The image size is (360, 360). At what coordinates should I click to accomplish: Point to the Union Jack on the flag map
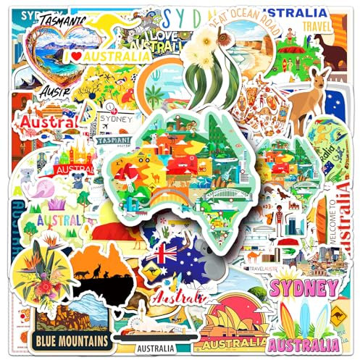pyautogui.click(x=160, y=256)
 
